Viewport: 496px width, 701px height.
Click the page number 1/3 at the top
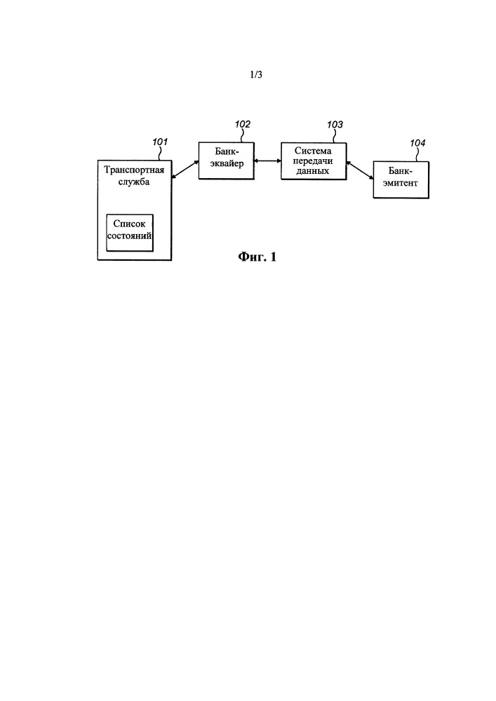(x=256, y=74)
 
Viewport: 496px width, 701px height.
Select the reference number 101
(x=160, y=142)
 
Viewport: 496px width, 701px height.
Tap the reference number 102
(x=243, y=124)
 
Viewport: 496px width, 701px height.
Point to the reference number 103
(x=335, y=124)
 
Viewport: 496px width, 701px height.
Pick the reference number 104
(x=417, y=143)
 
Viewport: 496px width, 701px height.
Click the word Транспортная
(x=134, y=170)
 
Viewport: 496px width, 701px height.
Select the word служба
(x=134, y=182)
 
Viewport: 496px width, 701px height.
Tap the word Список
(x=129, y=224)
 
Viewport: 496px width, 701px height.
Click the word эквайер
(x=227, y=163)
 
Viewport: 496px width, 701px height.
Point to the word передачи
(x=313, y=161)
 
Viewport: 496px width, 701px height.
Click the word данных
(x=313, y=171)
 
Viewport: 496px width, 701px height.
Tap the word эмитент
(x=401, y=183)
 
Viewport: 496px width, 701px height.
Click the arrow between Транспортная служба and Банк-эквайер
(x=185, y=170)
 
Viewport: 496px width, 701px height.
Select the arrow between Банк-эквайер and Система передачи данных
(x=267, y=161)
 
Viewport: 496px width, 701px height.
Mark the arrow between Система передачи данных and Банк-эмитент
(x=360, y=171)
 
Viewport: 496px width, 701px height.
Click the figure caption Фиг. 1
(x=257, y=257)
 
